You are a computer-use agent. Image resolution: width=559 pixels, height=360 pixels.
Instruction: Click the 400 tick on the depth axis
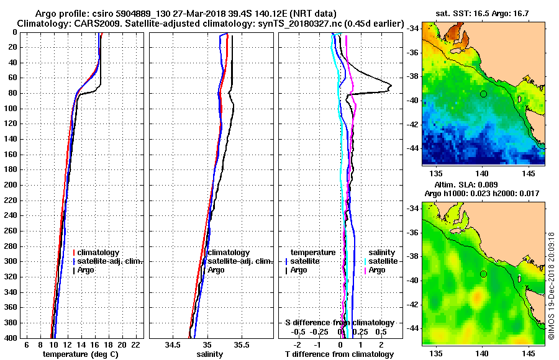(12, 338)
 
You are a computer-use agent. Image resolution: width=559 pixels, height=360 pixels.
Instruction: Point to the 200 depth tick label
(12, 185)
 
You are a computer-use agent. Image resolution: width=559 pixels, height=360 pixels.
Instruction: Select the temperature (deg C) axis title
(80, 354)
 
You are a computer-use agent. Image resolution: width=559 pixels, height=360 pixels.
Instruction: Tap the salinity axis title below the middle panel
(209, 354)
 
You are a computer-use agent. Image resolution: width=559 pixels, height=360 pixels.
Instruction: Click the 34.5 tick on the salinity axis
(175, 344)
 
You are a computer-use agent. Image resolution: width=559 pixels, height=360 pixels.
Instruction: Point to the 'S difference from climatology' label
(339, 323)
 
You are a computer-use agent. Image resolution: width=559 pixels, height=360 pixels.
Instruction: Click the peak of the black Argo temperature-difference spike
(391, 86)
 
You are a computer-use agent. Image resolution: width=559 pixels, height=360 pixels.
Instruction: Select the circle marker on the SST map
(483, 94)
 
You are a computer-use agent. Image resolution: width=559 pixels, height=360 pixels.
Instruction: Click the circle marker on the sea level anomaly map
(483, 274)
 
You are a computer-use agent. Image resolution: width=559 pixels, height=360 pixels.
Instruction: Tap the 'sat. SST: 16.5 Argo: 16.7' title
(483, 12)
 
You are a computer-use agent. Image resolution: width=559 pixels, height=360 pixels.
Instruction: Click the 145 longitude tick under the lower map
(525, 352)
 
